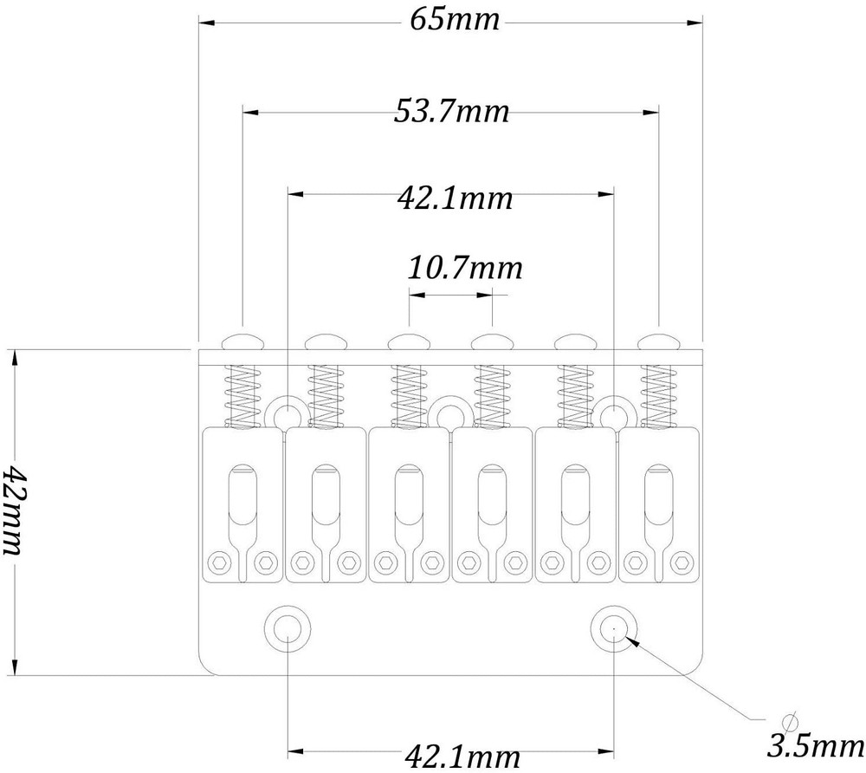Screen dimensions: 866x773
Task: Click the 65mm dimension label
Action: [x=454, y=20]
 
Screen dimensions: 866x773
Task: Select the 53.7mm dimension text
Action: [x=451, y=111]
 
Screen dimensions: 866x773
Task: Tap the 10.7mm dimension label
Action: [x=464, y=268]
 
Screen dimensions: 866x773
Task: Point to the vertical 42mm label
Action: [x=14, y=510]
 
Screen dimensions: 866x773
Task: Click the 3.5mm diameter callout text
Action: [x=816, y=747]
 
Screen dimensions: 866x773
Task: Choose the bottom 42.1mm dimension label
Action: [x=462, y=756]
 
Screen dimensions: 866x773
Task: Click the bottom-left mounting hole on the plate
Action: [x=288, y=628]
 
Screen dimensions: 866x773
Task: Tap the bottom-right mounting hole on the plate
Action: [x=614, y=628]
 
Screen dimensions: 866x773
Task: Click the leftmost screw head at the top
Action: [x=242, y=341]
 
